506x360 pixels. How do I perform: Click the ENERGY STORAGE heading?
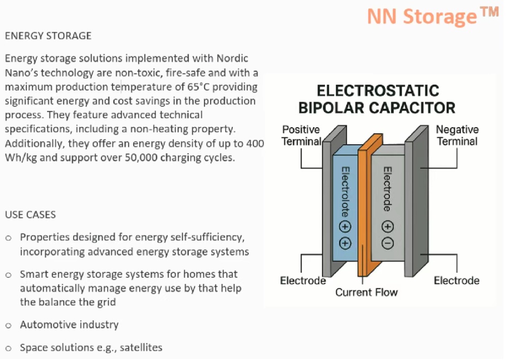point(48,36)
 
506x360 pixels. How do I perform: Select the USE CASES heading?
point(31,215)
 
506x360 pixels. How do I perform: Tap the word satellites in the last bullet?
point(141,348)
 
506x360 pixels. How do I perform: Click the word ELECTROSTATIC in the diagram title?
point(378,92)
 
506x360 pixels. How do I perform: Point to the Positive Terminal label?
point(301,135)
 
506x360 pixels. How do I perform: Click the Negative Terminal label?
point(457,135)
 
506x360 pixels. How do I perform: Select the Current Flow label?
point(366,293)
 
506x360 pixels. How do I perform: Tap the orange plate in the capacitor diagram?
point(365,207)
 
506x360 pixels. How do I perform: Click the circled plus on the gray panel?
point(388,226)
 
